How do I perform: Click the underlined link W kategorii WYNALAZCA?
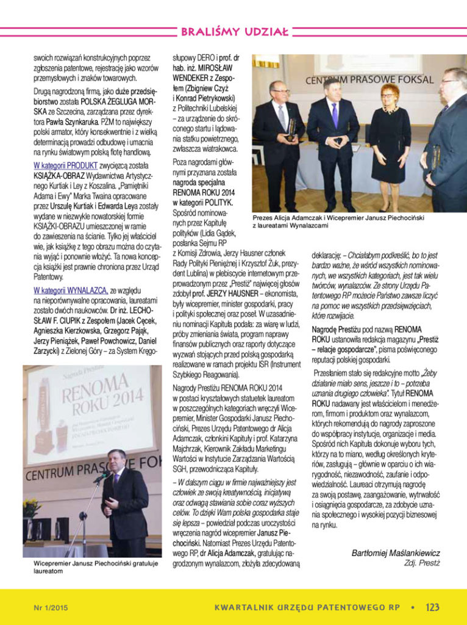click(x=71, y=290)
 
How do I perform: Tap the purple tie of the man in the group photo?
click(x=335, y=116)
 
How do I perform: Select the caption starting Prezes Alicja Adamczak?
click(x=338, y=221)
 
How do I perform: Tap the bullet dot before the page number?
click(x=413, y=607)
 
